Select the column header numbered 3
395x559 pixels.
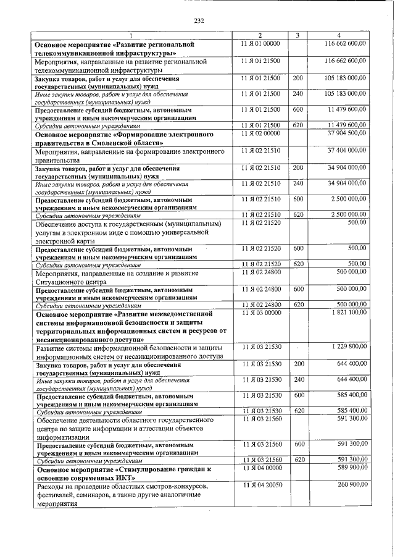click(297, 35)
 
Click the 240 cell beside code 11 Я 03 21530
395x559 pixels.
click(298, 379)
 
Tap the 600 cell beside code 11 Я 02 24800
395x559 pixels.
click(298, 288)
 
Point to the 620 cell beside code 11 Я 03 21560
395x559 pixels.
click(298, 460)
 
